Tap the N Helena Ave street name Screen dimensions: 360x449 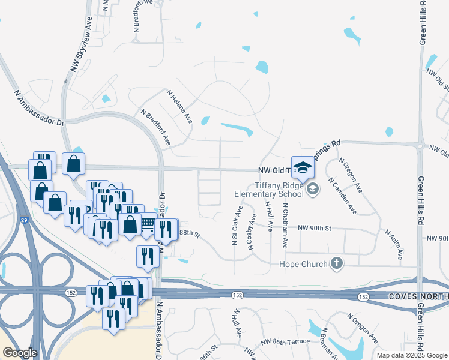[180, 107]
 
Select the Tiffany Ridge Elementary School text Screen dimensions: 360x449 [271, 190]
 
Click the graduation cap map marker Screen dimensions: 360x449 [303, 167]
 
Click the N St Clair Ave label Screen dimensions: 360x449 [236, 226]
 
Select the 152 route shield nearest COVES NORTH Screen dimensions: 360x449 [363, 297]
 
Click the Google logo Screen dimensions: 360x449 [20, 353]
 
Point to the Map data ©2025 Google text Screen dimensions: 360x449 [411, 355]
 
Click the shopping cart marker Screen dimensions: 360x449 [148, 225]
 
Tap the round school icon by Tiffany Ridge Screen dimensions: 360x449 [312, 190]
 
